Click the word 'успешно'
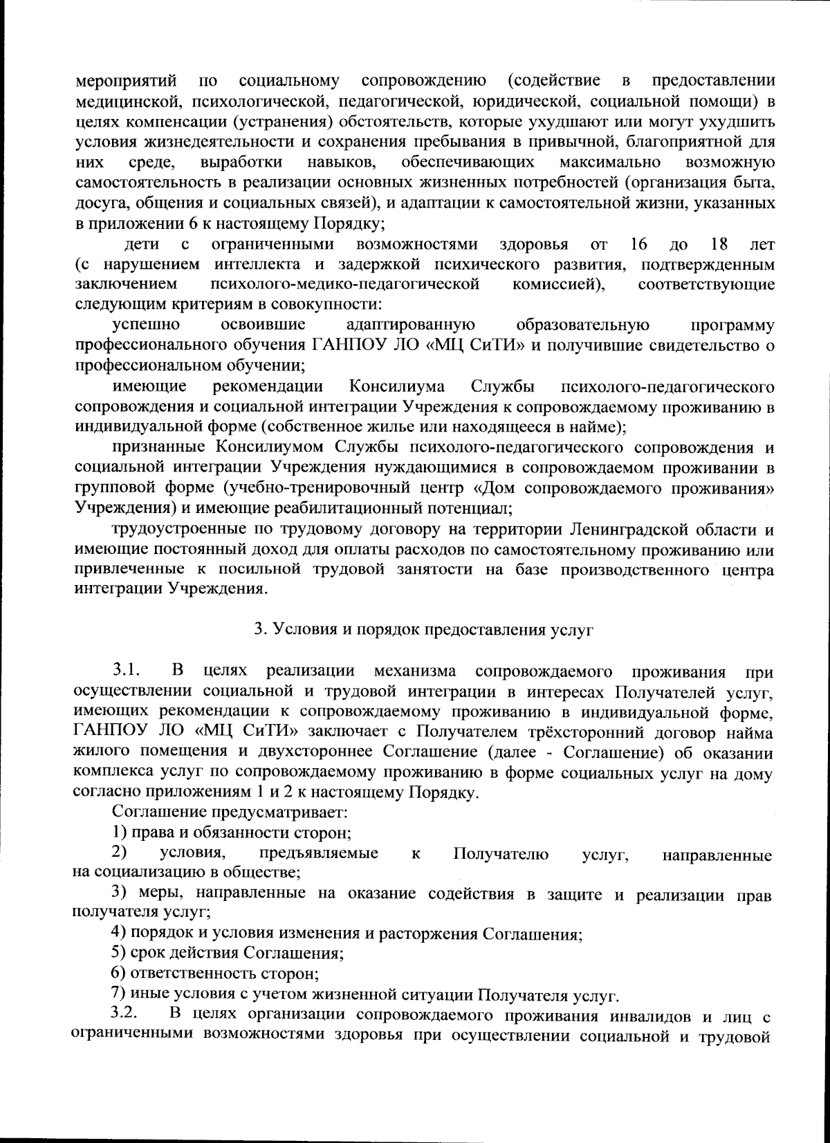click(147, 324)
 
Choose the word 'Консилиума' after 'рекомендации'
click(397, 385)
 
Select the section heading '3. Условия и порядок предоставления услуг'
click(423, 629)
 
